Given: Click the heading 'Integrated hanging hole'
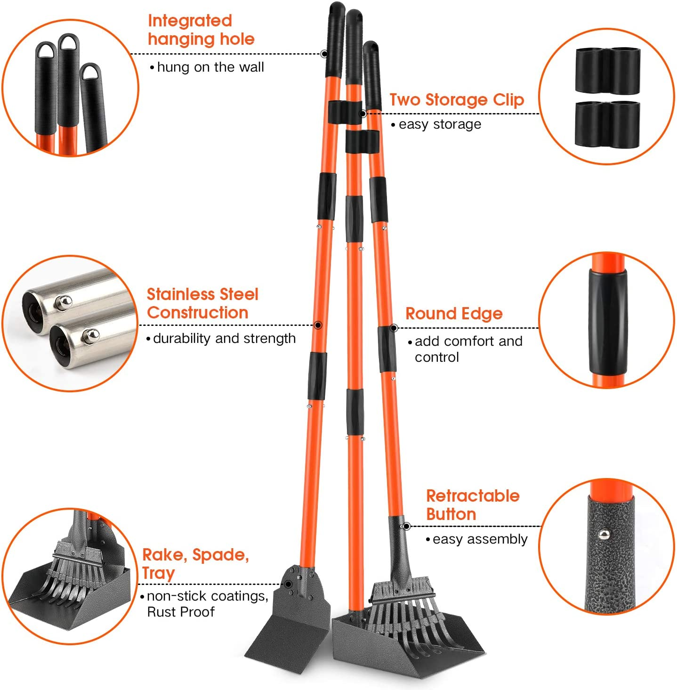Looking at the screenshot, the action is (201, 30).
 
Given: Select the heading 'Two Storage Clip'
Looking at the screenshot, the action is (457, 99).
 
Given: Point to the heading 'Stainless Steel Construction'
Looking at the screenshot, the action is (202, 303).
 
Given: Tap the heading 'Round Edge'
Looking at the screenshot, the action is (454, 314).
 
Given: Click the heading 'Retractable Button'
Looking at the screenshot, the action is (473, 505).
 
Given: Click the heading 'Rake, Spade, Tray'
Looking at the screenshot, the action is (195, 564).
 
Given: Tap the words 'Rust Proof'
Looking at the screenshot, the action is (181, 612).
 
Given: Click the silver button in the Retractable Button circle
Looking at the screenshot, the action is (604, 535).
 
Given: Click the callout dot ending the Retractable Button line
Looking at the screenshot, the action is (406, 527).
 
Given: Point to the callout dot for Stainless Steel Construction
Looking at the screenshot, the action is (318, 325).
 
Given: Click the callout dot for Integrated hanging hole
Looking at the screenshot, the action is (324, 54).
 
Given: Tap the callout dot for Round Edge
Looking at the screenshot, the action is (394, 328).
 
